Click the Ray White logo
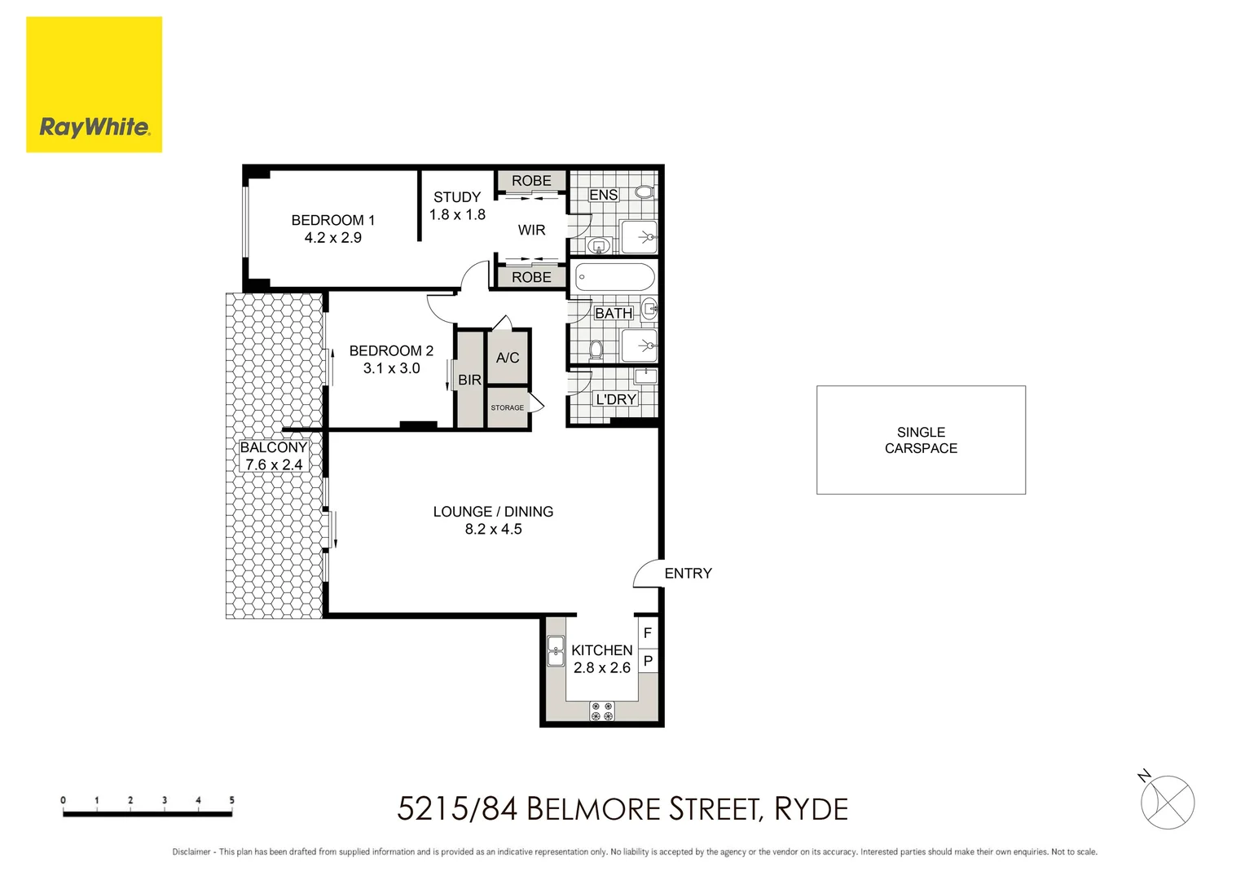(94, 85)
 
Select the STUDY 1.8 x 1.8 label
(457, 206)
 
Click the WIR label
(531, 231)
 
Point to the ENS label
(604, 195)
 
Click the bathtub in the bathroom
(615, 277)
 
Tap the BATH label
(613, 313)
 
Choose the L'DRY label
(615, 399)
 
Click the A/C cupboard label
(508, 358)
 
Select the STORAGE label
(507, 407)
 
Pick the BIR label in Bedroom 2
(469, 380)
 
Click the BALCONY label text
(274, 447)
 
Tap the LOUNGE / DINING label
(493, 512)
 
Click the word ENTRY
(688, 574)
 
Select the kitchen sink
(556, 651)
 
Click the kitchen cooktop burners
(602, 711)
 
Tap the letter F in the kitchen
(648, 632)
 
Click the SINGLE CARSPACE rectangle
(921, 440)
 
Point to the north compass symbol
(1167, 802)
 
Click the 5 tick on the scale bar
(231, 801)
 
